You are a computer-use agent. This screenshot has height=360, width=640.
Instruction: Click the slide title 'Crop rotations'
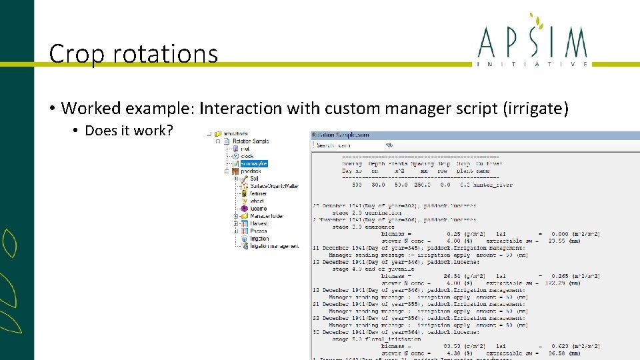[133, 53]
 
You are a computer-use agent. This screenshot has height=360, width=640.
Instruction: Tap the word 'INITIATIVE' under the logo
[533, 64]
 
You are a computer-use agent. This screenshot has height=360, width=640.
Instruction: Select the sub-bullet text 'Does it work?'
[129, 130]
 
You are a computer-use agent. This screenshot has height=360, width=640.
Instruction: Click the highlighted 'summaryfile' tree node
[253, 163]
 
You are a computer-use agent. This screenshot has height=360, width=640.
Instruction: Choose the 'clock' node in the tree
[247, 156]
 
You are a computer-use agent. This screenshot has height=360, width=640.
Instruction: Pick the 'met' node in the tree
[245, 149]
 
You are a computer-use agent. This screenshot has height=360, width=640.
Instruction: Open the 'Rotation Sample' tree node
[250, 141]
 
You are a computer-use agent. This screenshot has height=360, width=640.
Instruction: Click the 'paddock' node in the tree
[251, 171]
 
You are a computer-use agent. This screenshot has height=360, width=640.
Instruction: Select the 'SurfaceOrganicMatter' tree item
[273, 186]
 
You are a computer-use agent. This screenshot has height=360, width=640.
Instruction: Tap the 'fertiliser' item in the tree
[257, 193]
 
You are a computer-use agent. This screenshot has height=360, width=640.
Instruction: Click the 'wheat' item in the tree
[257, 201]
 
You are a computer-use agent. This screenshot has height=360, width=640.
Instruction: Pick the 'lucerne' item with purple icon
[258, 209]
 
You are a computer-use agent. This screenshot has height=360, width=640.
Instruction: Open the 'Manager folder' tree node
[267, 216]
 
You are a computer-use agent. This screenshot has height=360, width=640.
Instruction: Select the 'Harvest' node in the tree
[259, 223]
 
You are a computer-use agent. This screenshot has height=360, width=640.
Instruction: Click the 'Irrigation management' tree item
[274, 246]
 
